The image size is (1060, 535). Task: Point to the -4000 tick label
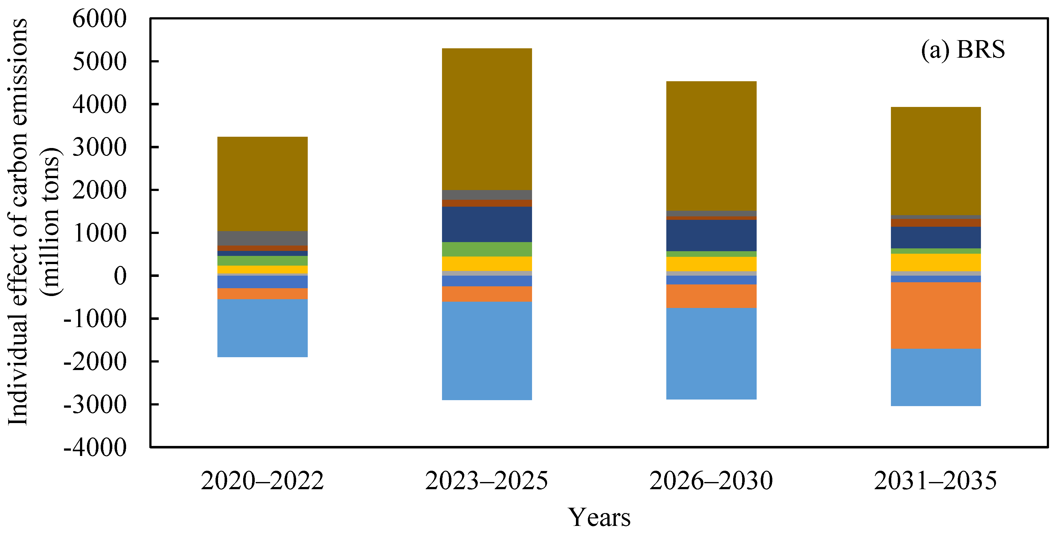coord(95,448)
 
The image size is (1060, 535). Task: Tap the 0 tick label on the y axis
coord(120,276)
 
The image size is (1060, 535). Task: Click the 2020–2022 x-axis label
coord(262,481)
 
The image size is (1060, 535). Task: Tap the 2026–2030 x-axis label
coord(711,481)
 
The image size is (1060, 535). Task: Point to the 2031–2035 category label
coord(935,481)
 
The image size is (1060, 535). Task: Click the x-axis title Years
coord(599,517)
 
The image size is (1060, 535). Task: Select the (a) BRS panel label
coord(963,50)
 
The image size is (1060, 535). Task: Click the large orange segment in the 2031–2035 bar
coord(936,315)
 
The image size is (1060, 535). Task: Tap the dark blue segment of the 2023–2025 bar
coord(487,225)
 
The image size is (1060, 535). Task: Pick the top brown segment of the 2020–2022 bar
coord(263,184)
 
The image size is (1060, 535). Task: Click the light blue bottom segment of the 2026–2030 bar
coord(711,354)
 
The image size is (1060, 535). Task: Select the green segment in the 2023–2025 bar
coord(487,249)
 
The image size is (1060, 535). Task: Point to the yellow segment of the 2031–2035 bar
coord(936,262)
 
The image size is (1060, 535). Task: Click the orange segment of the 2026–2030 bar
coord(711,296)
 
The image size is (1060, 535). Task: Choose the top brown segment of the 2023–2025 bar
coord(487,119)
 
